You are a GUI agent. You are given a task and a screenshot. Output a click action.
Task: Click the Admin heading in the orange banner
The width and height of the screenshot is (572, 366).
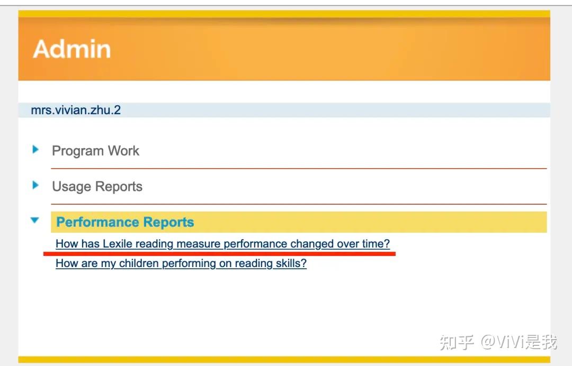[72, 49]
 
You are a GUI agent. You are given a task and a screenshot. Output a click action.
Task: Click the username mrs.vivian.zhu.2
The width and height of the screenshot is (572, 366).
[76, 110]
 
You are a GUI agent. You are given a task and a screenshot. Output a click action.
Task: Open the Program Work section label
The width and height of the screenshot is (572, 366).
[95, 151]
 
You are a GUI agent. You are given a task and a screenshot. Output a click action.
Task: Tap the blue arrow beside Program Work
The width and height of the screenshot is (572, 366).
[35, 150]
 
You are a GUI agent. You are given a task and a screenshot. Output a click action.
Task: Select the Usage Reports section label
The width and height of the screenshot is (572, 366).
[97, 187]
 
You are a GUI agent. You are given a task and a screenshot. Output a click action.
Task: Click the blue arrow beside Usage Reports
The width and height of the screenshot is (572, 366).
[35, 185]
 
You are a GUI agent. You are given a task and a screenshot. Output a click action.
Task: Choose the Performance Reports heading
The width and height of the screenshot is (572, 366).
[125, 222]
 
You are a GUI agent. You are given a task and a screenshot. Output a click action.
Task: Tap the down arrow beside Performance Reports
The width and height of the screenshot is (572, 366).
[35, 220]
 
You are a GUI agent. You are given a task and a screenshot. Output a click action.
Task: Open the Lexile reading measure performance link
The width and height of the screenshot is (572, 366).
[222, 244]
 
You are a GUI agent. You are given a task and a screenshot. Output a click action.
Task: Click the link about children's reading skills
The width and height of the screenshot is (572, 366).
[181, 263]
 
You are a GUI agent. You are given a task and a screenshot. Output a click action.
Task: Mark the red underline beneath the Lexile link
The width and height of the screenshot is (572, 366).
[219, 254]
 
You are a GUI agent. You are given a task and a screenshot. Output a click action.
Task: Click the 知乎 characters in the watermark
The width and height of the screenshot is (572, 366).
[457, 342]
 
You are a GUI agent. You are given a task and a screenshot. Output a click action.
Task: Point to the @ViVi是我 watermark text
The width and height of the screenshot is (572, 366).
[519, 342]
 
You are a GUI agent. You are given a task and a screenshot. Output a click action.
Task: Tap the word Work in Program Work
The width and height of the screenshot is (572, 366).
[123, 151]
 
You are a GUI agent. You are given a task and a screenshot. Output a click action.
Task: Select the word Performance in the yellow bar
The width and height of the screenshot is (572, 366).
[96, 222]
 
